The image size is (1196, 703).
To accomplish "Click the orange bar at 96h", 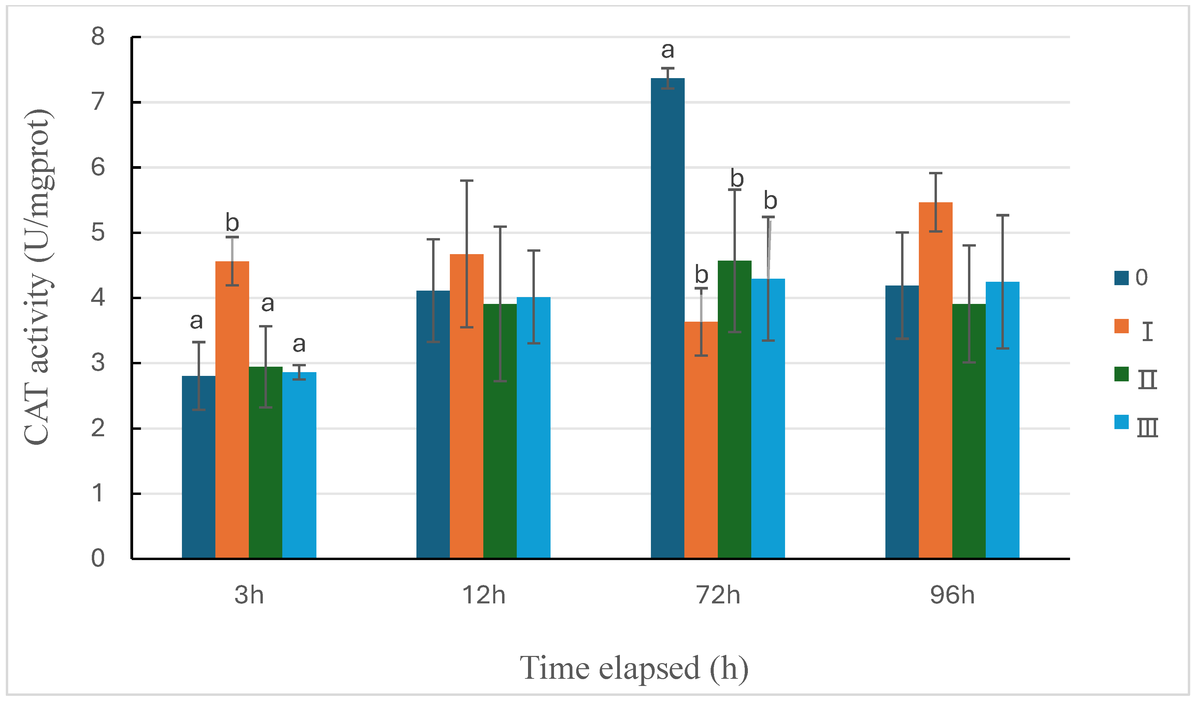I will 936,380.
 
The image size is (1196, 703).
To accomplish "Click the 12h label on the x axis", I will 484,595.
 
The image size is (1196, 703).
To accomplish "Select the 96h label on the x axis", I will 952,595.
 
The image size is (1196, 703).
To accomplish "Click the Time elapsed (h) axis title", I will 634,668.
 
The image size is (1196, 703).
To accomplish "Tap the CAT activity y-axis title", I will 38,278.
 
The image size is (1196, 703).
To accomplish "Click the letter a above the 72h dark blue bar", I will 667,50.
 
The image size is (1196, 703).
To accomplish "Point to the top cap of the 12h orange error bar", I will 467,181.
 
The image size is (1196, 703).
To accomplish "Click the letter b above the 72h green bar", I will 737,178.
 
